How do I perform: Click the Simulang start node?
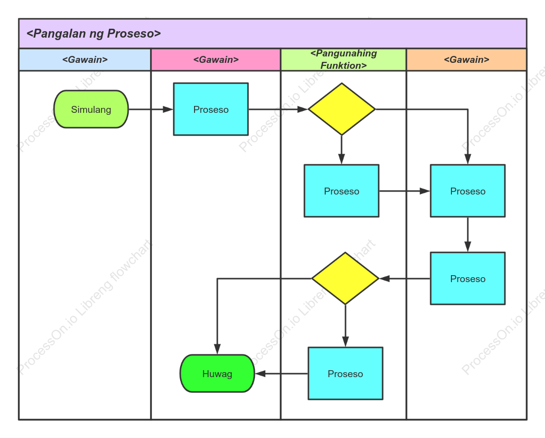point(91,109)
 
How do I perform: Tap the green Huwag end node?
point(217,374)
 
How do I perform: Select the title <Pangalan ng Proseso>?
point(94,33)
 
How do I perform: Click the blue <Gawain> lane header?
point(85,59)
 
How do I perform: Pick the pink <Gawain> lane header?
point(216,59)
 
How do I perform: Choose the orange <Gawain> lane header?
point(466,59)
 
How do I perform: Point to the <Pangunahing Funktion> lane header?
point(344,59)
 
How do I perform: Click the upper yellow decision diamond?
point(342,109)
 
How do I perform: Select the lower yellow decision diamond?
point(345,279)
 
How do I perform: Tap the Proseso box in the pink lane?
point(211,109)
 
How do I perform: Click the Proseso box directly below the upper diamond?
point(342,191)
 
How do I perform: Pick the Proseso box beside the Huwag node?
point(346,373)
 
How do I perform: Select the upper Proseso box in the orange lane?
point(468,191)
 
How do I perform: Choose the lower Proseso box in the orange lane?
point(468,279)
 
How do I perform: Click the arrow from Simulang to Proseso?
point(151,109)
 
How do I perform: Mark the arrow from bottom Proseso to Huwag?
point(282,374)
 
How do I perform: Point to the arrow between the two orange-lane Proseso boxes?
point(468,235)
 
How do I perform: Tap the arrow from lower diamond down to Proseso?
point(345,326)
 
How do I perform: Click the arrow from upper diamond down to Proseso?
point(342,150)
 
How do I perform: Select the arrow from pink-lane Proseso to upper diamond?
point(278,109)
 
